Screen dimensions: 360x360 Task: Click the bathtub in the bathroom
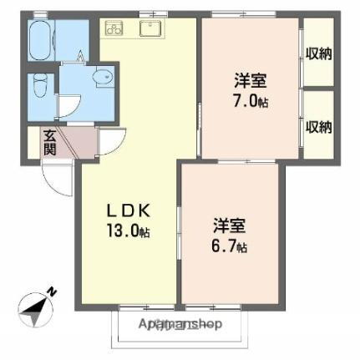pyautogui.click(x=41, y=39)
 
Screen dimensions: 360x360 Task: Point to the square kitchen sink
pyautogui.click(x=150, y=29)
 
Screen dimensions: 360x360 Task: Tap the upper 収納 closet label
pyautogui.click(x=318, y=54)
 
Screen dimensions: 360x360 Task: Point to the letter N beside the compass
pyautogui.click(x=52, y=291)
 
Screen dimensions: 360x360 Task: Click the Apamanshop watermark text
pyautogui.click(x=180, y=324)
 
